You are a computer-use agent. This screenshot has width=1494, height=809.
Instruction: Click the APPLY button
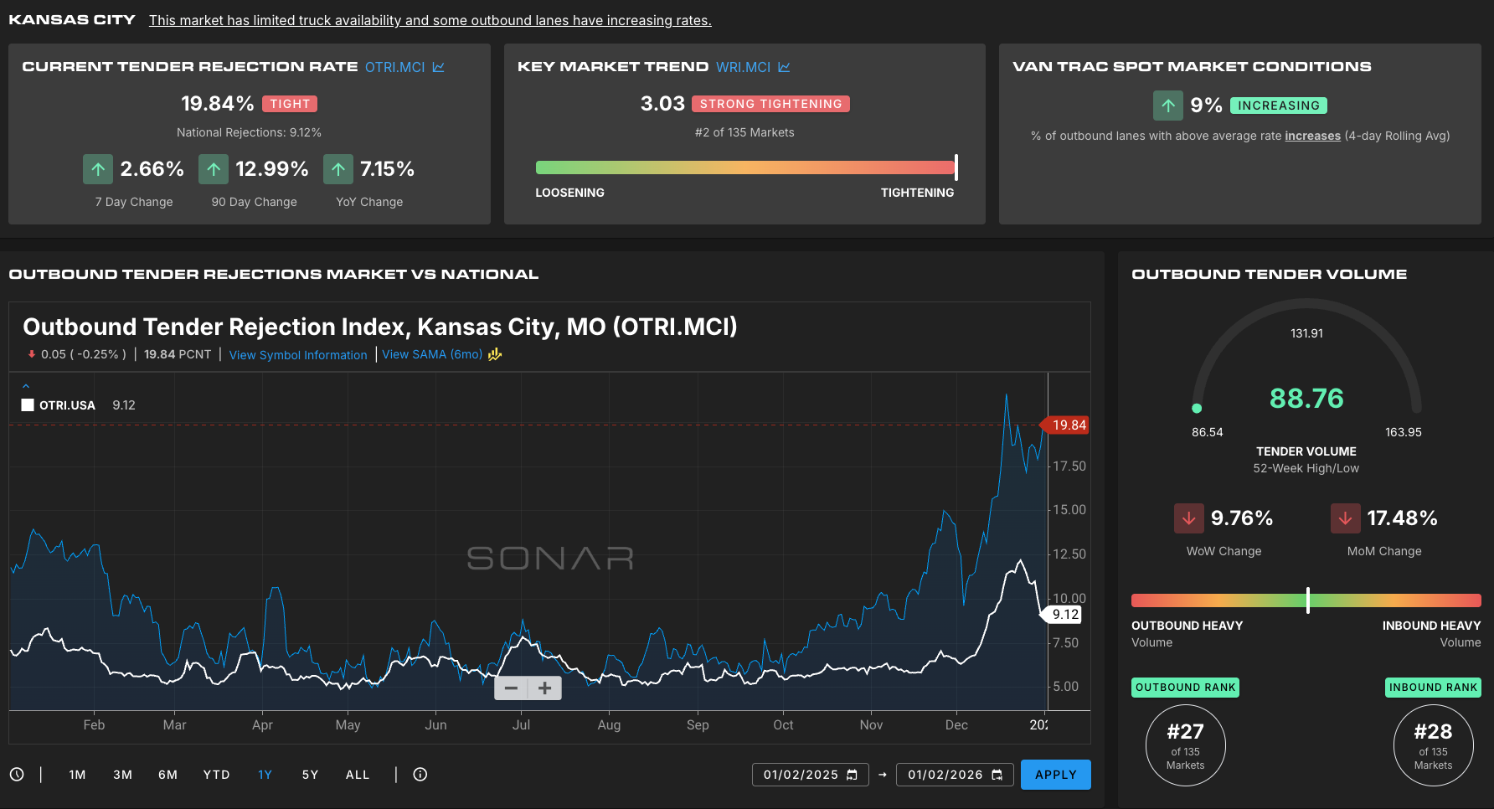click(x=1055, y=775)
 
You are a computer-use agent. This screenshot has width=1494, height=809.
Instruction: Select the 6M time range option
click(x=167, y=775)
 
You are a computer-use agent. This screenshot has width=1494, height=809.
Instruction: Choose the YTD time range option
click(x=216, y=775)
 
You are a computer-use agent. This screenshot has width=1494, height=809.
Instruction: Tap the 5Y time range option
click(x=310, y=775)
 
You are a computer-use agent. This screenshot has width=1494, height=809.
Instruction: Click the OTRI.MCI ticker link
click(x=394, y=67)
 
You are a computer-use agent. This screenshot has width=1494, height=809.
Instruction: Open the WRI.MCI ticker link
click(x=743, y=67)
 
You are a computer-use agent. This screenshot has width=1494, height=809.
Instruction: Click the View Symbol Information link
click(x=298, y=355)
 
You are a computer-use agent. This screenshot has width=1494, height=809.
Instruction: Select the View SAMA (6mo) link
click(x=432, y=354)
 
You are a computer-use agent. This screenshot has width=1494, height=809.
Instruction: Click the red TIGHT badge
click(x=290, y=104)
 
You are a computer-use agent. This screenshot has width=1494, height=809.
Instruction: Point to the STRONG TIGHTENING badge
click(x=770, y=104)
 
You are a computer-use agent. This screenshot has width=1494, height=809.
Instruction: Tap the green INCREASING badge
click(x=1279, y=106)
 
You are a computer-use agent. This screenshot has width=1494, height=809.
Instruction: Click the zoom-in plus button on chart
click(x=545, y=688)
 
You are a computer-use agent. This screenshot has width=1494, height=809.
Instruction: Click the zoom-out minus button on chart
click(x=511, y=688)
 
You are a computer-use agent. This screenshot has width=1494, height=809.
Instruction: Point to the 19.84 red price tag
click(x=1064, y=425)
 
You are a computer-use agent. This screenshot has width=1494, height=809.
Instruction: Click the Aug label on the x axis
click(x=609, y=725)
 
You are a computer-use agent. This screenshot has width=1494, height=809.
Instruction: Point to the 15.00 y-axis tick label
click(x=1069, y=510)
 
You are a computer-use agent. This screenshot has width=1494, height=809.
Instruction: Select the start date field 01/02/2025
click(x=810, y=775)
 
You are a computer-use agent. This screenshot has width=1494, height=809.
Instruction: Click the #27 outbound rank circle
click(x=1186, y=745)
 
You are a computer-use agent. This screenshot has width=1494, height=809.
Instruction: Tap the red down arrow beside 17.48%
click(x=1345, y=518)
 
